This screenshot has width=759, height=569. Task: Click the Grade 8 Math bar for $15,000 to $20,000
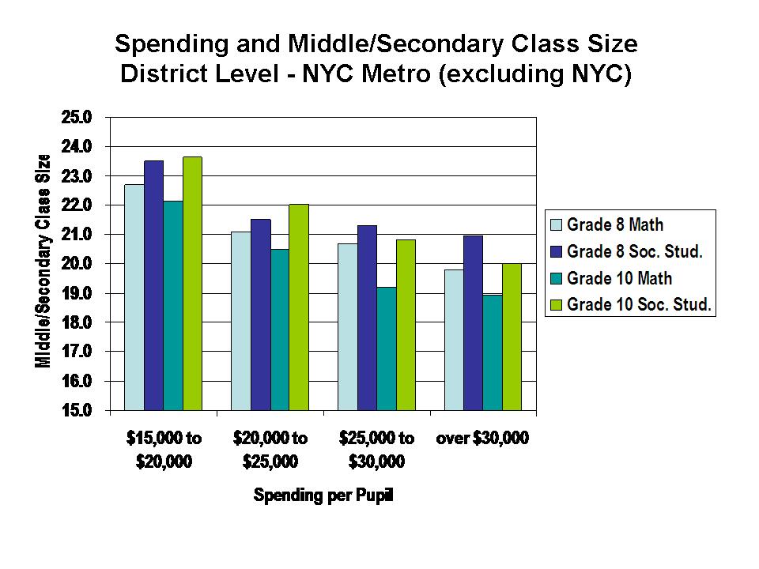point(134,297)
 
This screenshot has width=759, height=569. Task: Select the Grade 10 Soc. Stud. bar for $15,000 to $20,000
point(192,284)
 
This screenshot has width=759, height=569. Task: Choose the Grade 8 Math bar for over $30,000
point(453,340)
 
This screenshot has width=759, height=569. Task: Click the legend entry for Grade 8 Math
point(617,226)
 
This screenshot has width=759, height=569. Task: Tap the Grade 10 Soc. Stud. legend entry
point(629,303)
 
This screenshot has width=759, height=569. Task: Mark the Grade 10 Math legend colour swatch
point(556,278)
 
